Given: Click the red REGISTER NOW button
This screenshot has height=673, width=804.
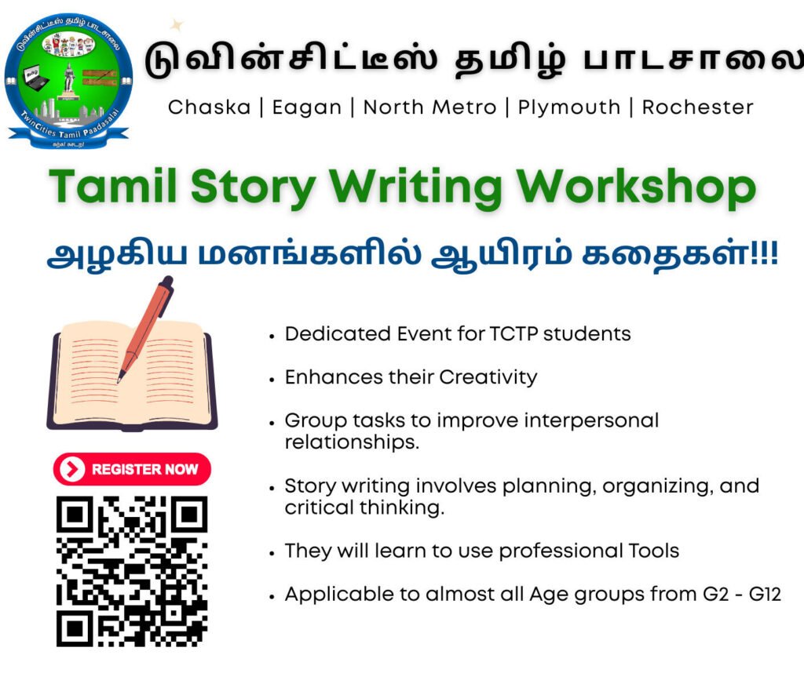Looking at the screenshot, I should click(x=132, y=469).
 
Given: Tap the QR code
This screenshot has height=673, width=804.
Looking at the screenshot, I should click(x=132, y=571).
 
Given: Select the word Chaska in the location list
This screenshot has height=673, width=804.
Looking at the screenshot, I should click(x=209, y=107).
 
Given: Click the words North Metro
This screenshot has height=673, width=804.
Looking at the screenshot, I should click(x=429, y=107).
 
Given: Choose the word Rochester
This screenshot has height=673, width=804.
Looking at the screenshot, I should click(x=697, y=107).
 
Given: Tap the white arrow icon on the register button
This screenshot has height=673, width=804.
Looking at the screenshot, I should click(x=71, y=469).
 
